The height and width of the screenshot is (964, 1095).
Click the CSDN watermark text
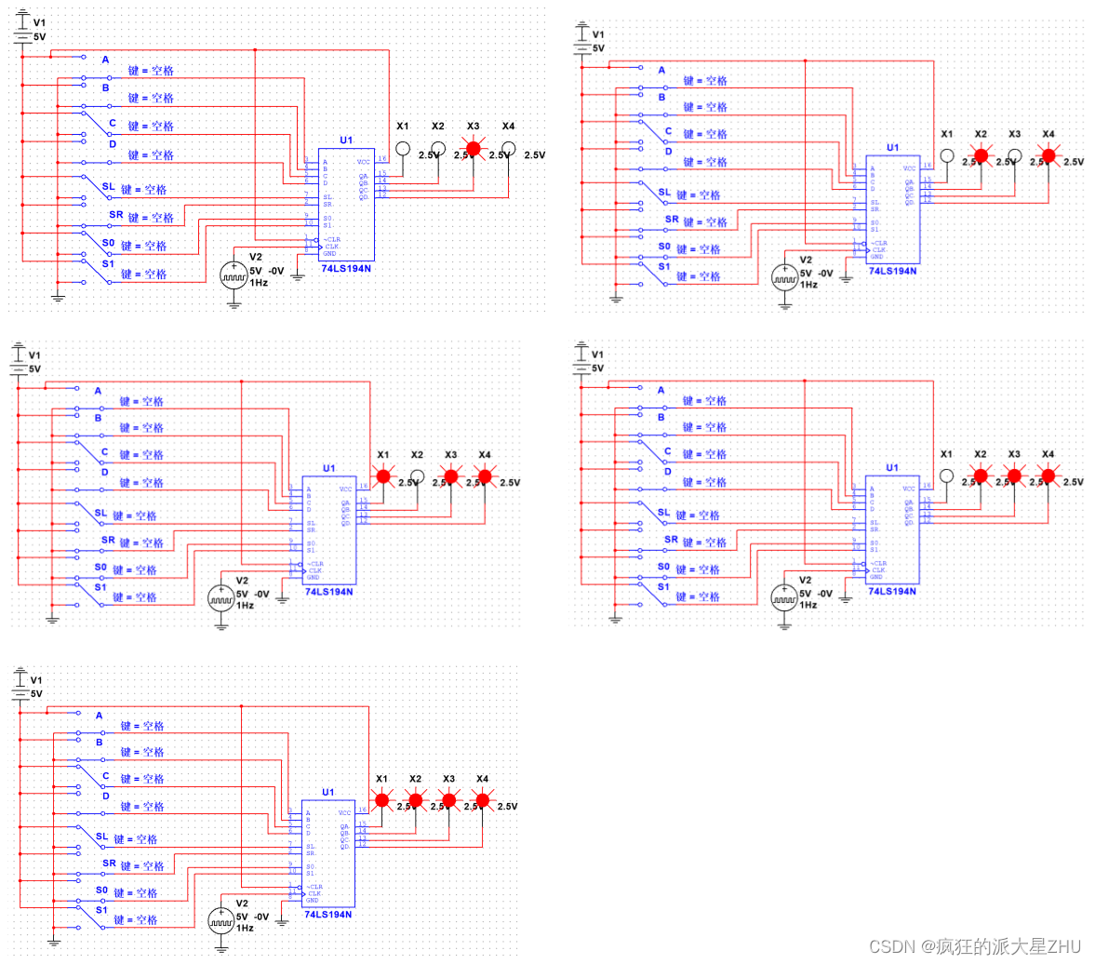[x=975, y=946]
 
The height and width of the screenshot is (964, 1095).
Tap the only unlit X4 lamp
[x=508, y=148]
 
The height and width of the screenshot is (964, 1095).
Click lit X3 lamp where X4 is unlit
[x=474, y=148]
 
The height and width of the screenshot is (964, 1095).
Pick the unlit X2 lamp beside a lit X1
[x=417, y=476]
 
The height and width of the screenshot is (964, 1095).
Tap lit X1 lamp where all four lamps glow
[x=381, y=799]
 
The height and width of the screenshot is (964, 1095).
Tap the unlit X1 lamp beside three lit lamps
[x=947, y=476]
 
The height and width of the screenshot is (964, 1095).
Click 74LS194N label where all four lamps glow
[x=327, y=915]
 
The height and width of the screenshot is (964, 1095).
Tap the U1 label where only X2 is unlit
[x=328, y=468]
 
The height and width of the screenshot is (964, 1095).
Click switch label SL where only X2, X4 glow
[x=664, y=193]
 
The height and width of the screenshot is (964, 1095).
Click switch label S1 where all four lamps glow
[x=101, y=910]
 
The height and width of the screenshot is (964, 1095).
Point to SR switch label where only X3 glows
[x=115, y=215]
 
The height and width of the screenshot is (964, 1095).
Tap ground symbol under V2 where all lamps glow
[x=221, y=948]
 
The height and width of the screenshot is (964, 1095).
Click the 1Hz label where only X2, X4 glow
[x=808, y=284]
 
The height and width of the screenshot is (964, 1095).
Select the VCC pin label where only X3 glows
[x=362, y=161]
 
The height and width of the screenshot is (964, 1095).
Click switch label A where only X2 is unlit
[x=98, y=391]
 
